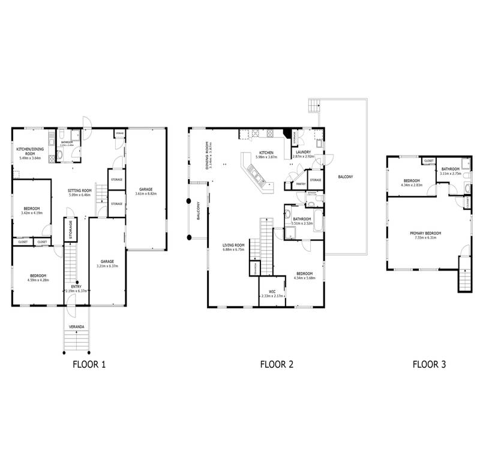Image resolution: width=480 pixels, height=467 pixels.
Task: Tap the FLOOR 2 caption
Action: point(277,364)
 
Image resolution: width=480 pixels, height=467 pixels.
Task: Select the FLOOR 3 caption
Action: point(429,364)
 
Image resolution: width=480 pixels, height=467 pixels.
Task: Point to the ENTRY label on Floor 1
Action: point(76,287)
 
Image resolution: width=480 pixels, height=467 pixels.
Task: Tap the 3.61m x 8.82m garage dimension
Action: point(146,194)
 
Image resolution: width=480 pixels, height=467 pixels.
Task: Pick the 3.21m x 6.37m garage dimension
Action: point(107,266)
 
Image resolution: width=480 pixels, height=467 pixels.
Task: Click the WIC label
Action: point(271,291)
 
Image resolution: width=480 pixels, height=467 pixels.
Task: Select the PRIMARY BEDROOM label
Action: point(425,233)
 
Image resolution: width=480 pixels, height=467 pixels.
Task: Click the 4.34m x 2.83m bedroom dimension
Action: point(411,185)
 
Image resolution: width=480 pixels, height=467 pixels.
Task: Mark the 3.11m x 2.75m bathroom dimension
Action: point(450,174)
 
